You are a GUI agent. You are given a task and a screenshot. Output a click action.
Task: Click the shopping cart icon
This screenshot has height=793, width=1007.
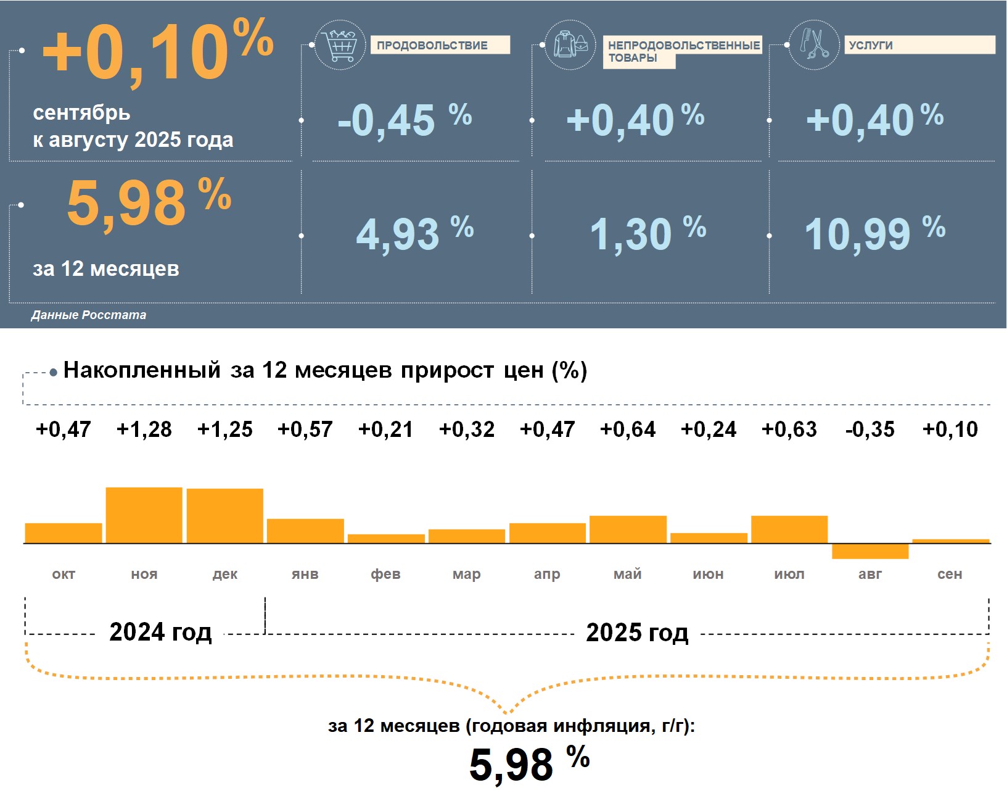[340, 44]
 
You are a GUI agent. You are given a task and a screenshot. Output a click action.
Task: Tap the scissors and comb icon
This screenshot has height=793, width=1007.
[814, 44]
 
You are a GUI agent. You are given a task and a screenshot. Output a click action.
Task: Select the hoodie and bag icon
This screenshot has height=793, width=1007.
[570, 44]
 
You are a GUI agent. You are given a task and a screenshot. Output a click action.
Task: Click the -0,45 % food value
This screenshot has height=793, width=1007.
[405, 119]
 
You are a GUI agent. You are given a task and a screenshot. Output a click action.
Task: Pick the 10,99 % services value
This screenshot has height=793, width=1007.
[874, 233]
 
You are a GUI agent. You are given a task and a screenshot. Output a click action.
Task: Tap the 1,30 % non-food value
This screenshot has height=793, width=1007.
[647, 233]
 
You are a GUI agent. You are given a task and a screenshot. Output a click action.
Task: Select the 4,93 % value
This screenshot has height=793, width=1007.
[414, 233]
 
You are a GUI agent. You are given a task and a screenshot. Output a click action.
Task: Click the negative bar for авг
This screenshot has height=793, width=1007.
[869, 551]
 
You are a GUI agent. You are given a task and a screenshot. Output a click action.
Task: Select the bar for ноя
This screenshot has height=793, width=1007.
[144, 515]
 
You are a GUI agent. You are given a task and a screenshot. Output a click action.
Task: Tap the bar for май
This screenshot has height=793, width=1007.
[628, 529]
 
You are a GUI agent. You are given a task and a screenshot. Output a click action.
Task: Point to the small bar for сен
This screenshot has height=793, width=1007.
[950, 541]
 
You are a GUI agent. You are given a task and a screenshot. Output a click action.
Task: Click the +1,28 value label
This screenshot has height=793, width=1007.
[144, 429]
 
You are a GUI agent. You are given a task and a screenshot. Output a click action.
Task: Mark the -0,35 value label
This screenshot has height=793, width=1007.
[869, 429]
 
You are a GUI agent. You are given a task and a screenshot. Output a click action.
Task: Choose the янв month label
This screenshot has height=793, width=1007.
[305, 575]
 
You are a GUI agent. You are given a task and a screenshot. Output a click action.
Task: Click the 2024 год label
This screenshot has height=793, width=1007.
[160, 632]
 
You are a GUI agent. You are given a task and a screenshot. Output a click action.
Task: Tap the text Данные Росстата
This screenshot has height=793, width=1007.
[89, 315]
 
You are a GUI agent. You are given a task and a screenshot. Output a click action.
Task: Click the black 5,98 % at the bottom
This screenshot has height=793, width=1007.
[529, 763]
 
